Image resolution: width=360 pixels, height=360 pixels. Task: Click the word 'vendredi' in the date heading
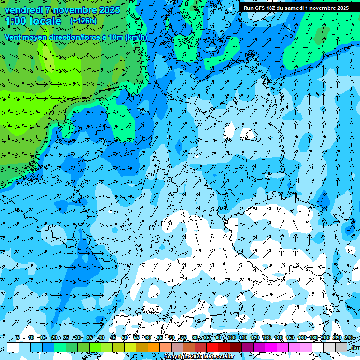click(24, 10)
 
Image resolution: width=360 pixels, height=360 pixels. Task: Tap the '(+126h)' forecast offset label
click(83, 21)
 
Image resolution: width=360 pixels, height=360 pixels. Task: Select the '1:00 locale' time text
click(33, 21)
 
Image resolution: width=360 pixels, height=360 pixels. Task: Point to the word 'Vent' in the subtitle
click(13, 37)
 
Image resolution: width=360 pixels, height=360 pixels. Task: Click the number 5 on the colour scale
click(17, 337)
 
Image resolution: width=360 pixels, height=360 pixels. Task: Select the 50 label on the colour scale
click(125, 337)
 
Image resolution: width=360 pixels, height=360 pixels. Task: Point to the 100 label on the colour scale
click(231, 337)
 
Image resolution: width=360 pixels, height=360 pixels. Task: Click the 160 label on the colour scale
click(302, 337)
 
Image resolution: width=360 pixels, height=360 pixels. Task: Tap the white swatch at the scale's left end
click(13, 347)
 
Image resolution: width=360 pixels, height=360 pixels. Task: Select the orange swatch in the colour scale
click(154, 347)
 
